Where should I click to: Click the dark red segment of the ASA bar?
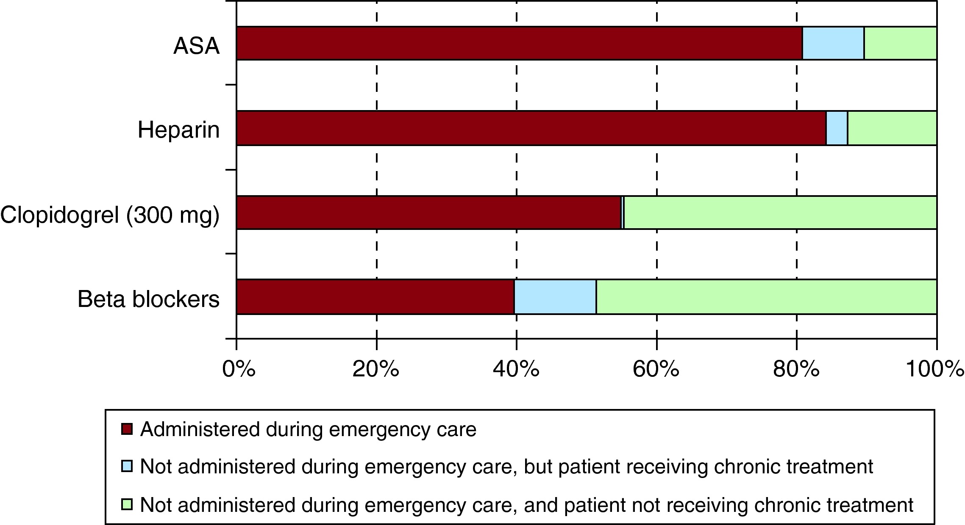coord(519,43)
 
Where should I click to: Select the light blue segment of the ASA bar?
coord(833,43)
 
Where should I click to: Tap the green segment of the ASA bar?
coord(900,43)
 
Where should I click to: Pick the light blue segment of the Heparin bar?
coord(837,128)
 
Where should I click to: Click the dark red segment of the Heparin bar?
coord(531,128)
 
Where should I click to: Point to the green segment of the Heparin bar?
coord(892,128)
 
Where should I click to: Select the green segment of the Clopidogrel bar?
coord(780,213)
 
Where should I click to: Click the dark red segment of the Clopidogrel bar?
coord(428,213)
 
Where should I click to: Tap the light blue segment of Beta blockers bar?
coord(555,297)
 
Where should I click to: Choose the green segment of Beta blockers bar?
coord(766,297)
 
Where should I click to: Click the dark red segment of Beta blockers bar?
coord(375,297)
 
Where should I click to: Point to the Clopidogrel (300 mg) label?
coord(110,215)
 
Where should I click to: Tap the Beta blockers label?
coord(148,299)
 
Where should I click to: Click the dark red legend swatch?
coord(127,429)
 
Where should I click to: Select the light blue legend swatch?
coord(127,467)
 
